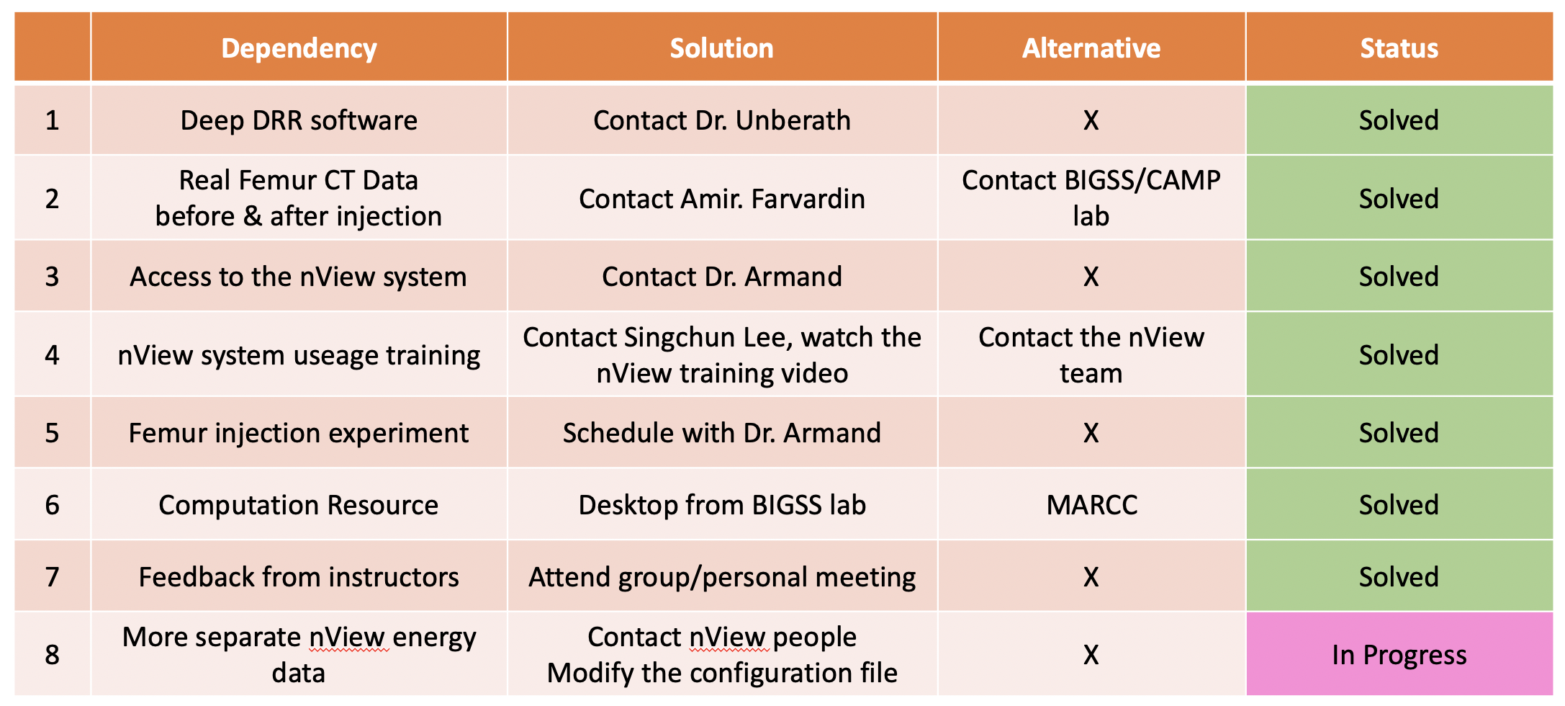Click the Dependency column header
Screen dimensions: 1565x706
tap(299, 48)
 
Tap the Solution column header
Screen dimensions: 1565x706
tap(722, 48)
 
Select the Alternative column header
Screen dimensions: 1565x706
tap(1091, 48)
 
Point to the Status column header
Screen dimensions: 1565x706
tap(1399, 48)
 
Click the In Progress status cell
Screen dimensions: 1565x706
tap(1399, 654)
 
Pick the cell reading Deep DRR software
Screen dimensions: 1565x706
tap(299, 120)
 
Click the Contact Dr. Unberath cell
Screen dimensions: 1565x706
tap(722, 120)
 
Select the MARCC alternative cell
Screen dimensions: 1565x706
tap(1091, 504)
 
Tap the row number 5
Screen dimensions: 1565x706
tap(52, 432)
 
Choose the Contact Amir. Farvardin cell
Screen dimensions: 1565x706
tap(722, 198)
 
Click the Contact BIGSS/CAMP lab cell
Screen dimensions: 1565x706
tap(1091, 197)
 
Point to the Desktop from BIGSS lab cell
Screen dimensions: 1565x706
tap(722, 504)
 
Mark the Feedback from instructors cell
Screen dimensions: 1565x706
tap(299, 576)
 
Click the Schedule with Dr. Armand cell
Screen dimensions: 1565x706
tap(722, 432)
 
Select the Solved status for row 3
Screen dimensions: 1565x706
tap(1399, 276)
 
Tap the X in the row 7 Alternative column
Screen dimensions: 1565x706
tap(1091, 576)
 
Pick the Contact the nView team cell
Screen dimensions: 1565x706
tap(1091, 354)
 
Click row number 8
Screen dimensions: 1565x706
tap(52, 654)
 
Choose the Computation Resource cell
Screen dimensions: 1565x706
tap(299, 504)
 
